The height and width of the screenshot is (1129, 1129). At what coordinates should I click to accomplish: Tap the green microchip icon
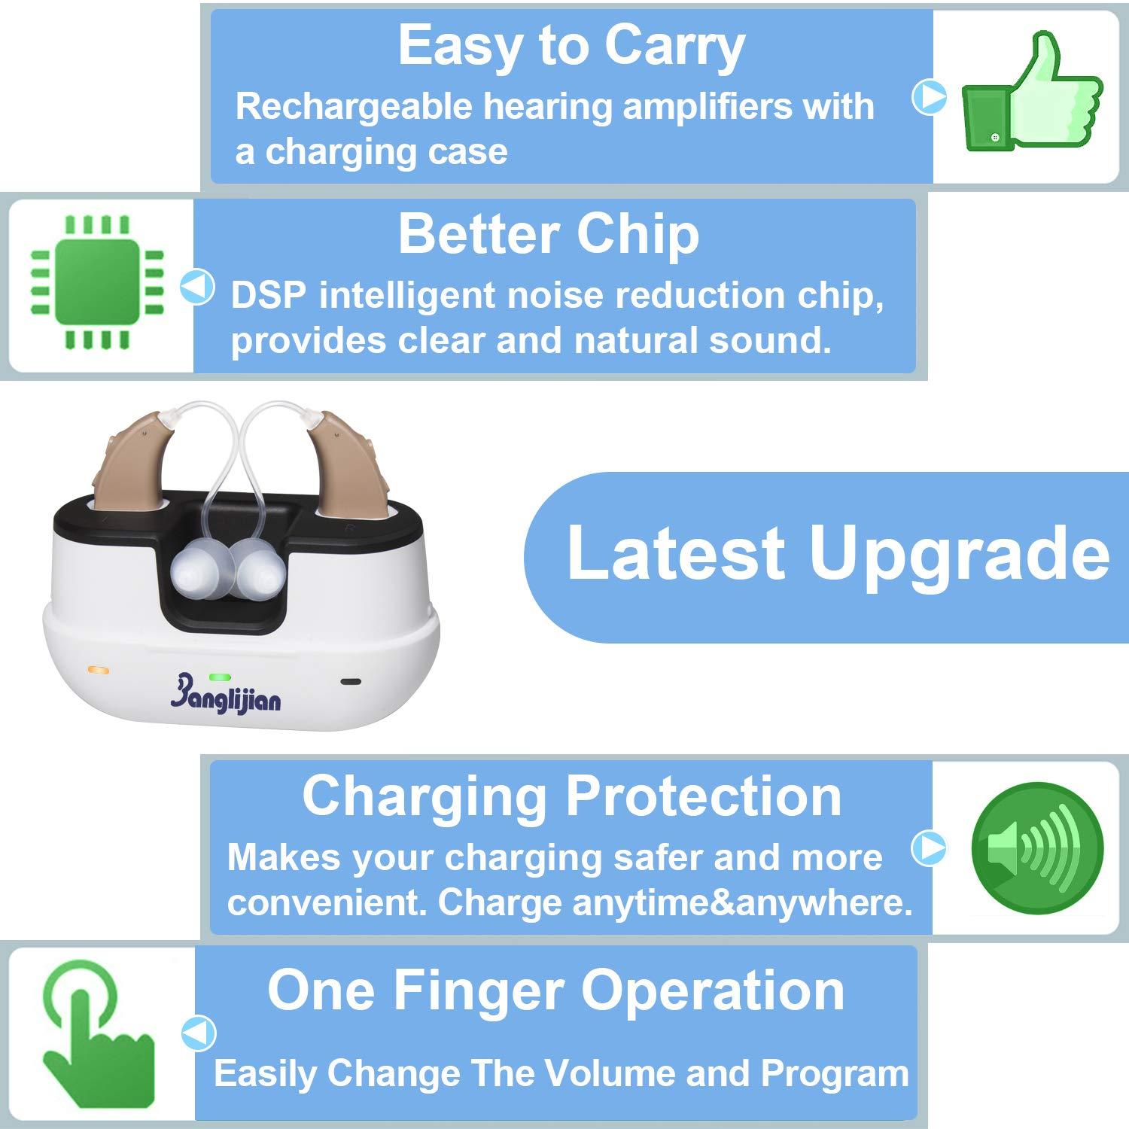click(96, 283)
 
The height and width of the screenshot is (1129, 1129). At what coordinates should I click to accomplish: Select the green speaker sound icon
click(1037, 848)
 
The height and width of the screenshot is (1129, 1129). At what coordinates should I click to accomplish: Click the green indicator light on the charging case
click(220, 677)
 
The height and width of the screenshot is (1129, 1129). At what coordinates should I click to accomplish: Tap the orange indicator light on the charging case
click(99, 669)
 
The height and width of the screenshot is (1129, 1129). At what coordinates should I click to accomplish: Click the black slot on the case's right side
click(351, 682)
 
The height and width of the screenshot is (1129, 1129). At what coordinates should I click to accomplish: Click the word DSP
click(268, 295)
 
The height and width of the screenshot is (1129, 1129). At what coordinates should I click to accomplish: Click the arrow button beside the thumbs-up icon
click(930, 96)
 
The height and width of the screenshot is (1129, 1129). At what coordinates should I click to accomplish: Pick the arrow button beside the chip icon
click(198, 287)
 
